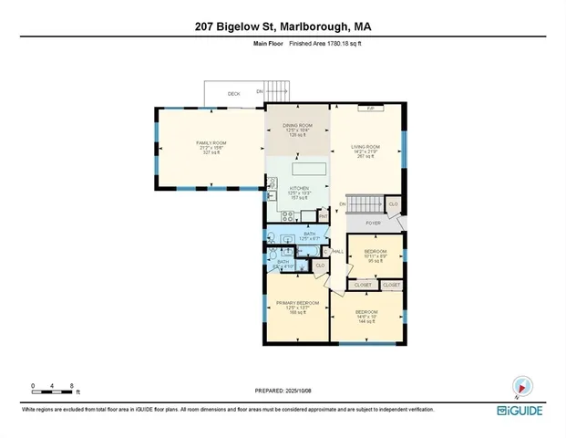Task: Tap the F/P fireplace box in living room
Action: (370, 109)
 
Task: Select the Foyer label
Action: (374, 222)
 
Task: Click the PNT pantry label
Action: (324, 216)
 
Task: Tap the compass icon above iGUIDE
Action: (521, 387)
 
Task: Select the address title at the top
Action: (283, 26)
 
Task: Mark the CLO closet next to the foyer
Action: (392, 204)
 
